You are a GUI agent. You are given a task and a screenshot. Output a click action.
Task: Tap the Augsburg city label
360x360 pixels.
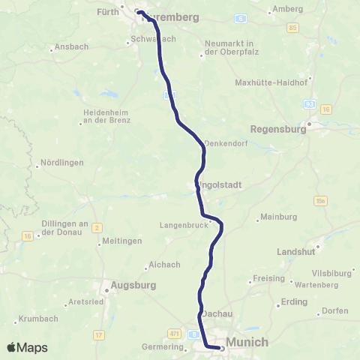pyautogui.click(x=133, y=285)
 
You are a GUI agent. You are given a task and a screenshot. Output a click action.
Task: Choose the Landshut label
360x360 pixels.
pyautogui.click(x=298, y=252)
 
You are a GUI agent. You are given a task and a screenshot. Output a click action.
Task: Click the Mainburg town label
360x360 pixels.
pyautogui.click(x=278, y=218)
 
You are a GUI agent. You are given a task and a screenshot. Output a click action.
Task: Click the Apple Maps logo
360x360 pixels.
pyautogui.click(x=28, y=347)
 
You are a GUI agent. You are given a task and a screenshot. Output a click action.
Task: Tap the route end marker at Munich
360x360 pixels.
pyautogui.click(x=222, y=347)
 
